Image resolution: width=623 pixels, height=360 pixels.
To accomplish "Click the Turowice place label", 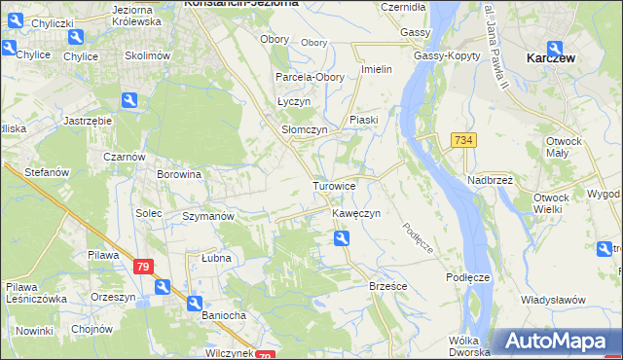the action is (334, 185).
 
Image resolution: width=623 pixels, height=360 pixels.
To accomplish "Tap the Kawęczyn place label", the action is (354, 213).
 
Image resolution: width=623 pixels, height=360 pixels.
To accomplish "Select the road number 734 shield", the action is (462, 141).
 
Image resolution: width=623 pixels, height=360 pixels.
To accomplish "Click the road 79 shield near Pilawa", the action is (142, 266).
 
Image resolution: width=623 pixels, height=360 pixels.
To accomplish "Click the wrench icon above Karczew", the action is (554, 47).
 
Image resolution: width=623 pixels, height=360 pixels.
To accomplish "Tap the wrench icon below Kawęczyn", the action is (341, 238).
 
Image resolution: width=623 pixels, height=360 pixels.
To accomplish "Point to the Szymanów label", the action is (208, 216).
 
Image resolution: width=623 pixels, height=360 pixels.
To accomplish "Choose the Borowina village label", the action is (179, 175).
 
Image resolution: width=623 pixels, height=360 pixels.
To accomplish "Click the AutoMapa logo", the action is (557, 342).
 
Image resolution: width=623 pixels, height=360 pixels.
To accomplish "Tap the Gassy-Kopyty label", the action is (446, 56).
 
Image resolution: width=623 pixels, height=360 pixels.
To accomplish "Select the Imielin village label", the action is (376, 69).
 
